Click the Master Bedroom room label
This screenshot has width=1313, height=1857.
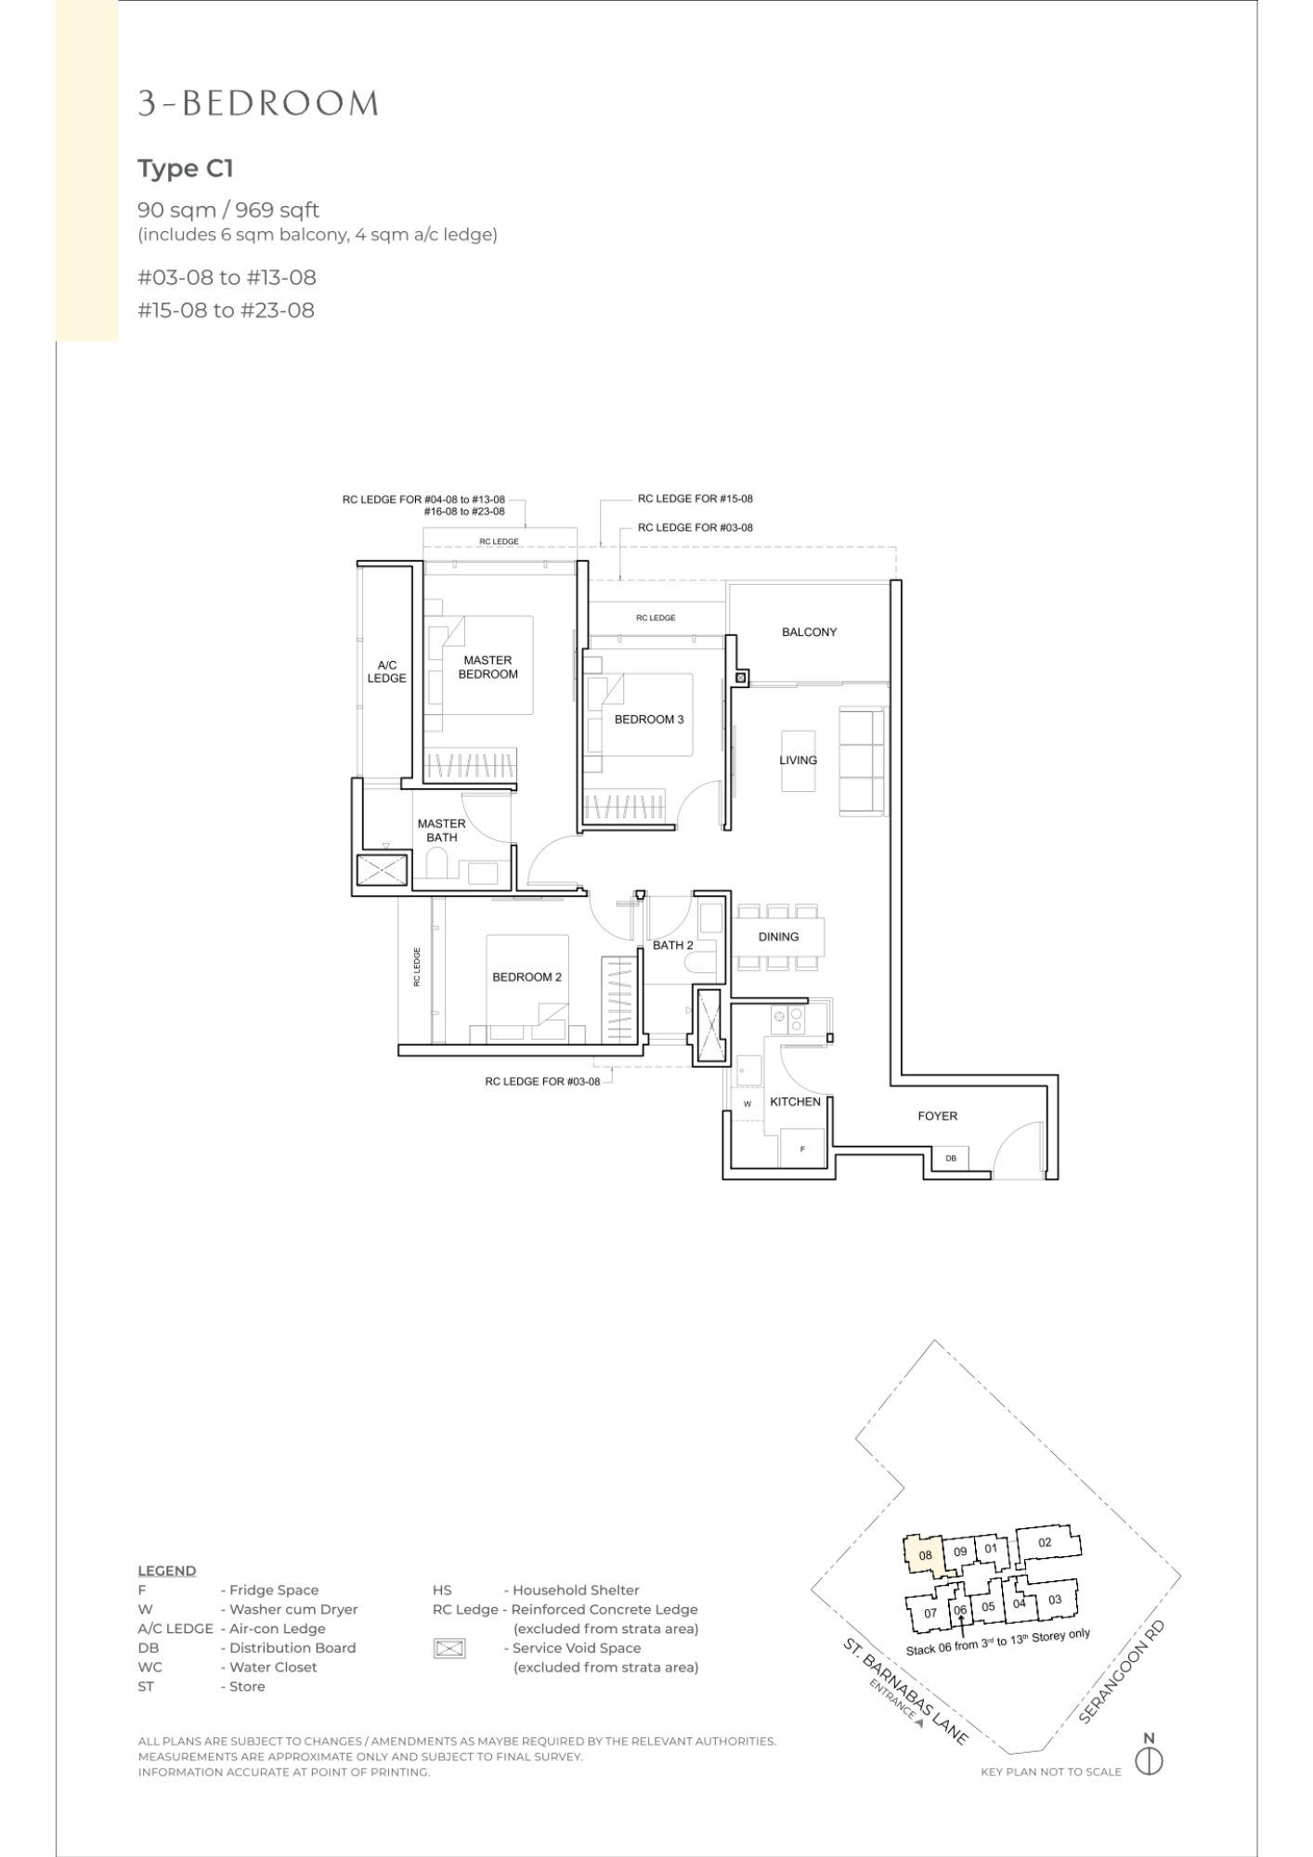click(487, 668)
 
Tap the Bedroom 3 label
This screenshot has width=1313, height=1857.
click(649, 720)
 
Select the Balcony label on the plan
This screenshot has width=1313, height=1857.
click(809, 632)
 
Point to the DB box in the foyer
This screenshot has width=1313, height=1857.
click(951, 1158)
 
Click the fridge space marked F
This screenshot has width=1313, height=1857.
click(802, 1148)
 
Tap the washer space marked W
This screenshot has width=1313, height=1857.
click(747, 1104)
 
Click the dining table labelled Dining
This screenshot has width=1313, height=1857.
click(779, 937)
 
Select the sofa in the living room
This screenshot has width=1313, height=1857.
click(862, 762)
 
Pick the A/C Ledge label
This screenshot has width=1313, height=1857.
click(386, 671)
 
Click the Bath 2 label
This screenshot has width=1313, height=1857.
click(673, 945)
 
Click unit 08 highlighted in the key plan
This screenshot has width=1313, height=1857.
click(925, 1556)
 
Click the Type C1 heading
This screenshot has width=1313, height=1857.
click(186, 169)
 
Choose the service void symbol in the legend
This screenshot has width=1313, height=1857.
click(448, 1648)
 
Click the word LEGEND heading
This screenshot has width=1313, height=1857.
click(167, 1571)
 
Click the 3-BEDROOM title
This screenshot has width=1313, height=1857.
click(258, 103)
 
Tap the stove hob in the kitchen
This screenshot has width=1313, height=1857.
click(786, 1020)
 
